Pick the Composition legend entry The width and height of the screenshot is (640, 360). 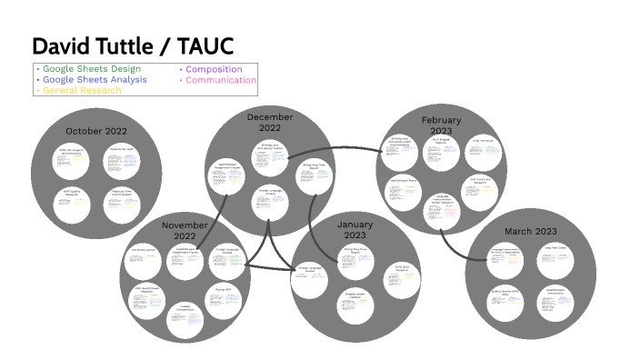pos(213,69)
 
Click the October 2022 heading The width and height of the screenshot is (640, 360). pos(95,132)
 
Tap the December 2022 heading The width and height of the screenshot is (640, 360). pos(270,123)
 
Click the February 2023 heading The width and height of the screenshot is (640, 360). pos(440,125)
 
